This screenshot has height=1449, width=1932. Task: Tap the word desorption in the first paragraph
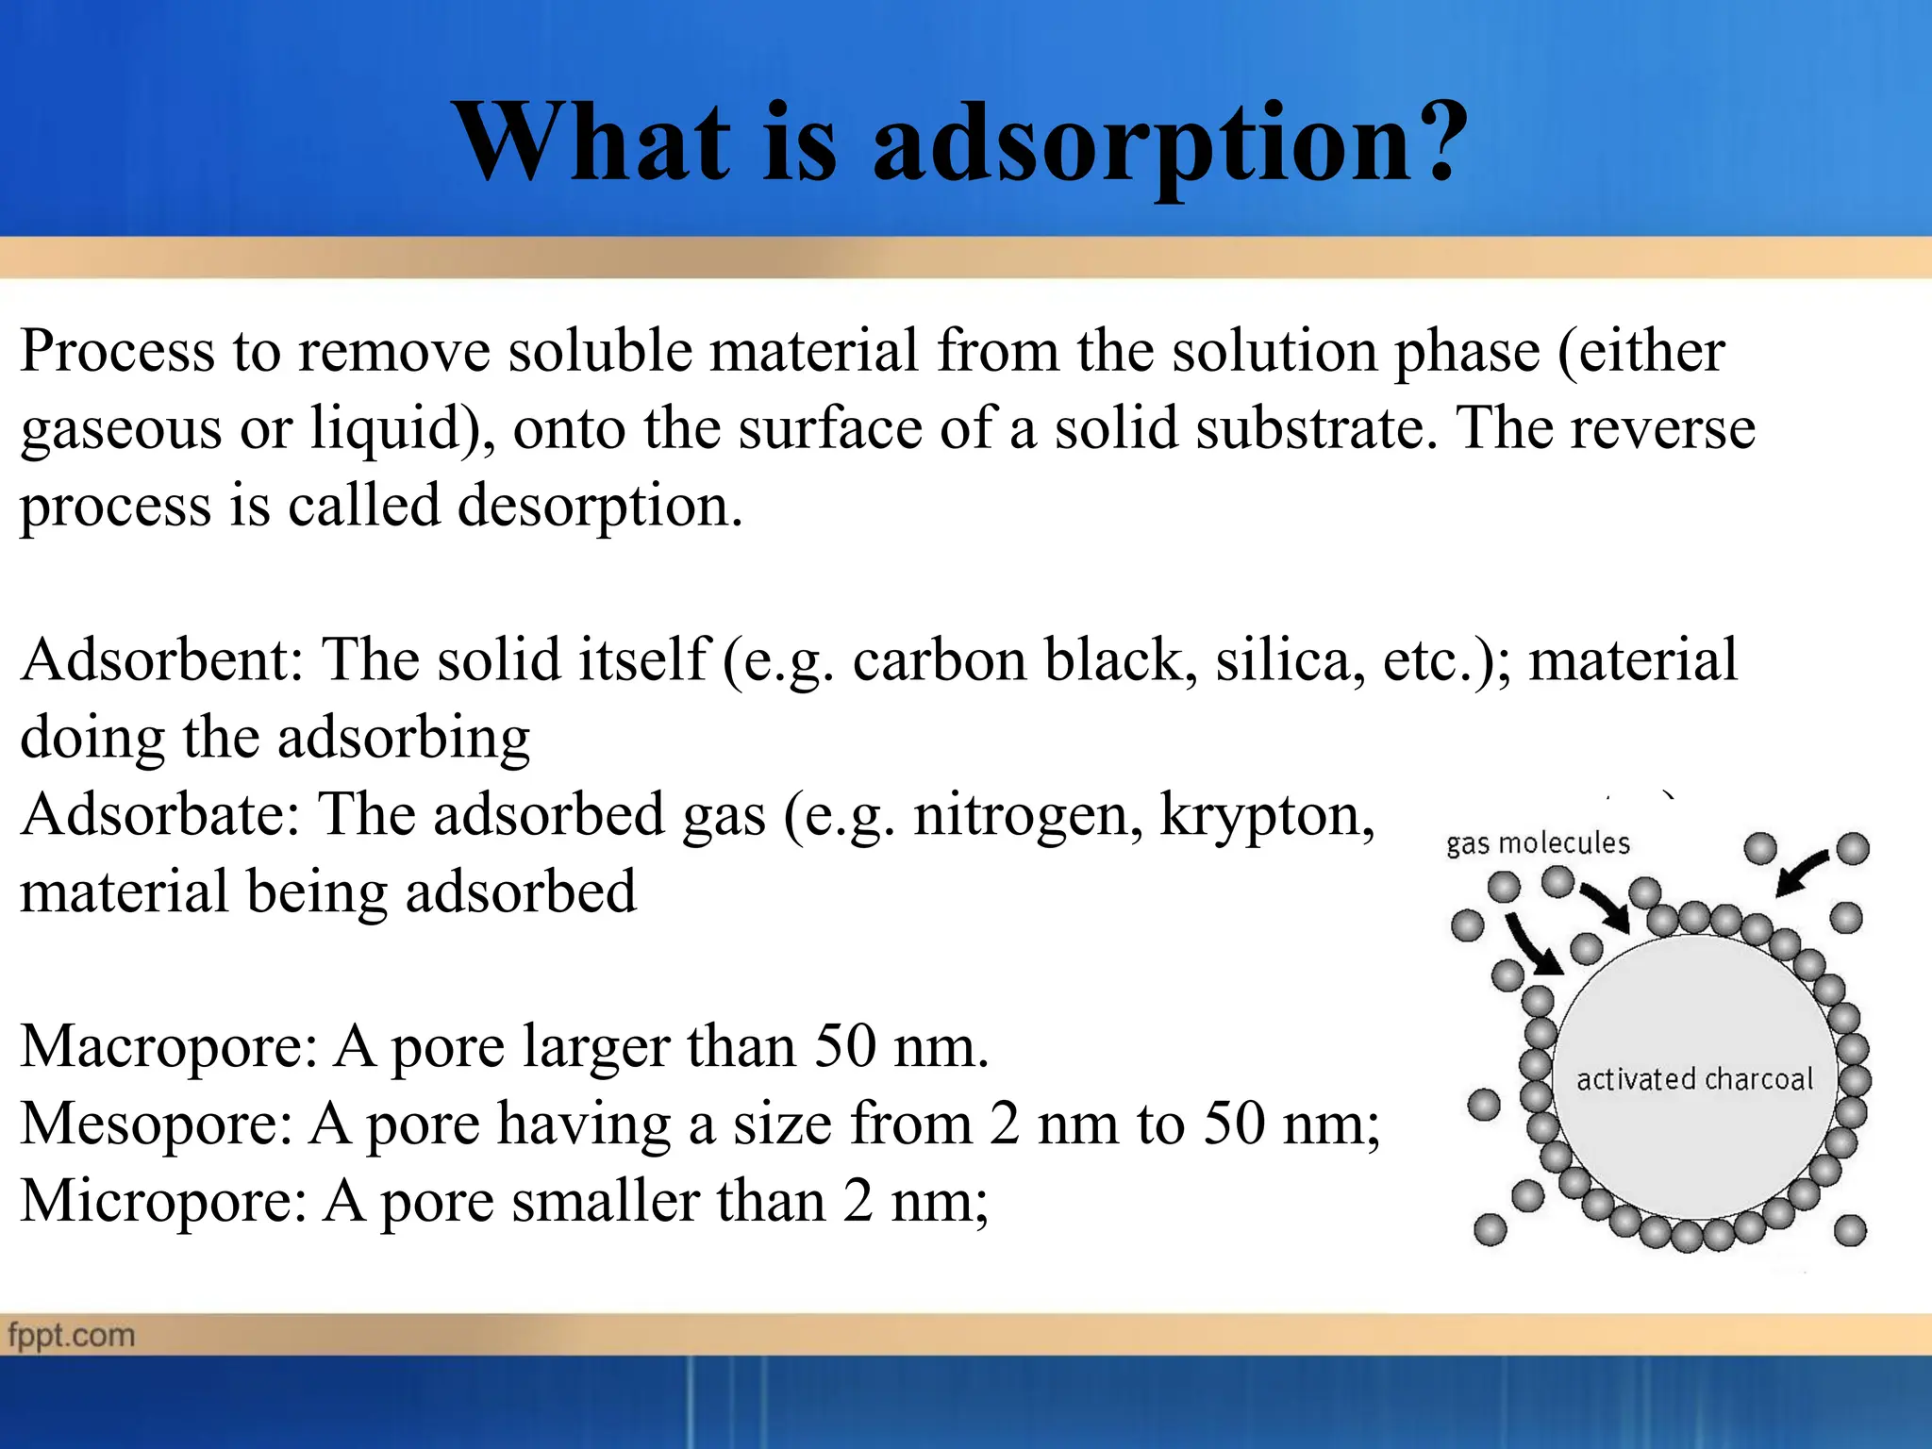point(593,507)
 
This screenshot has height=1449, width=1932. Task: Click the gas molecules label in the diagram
point(1538,842)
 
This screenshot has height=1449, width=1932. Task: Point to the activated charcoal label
point(1694,1078)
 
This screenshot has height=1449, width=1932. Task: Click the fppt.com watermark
point(72,1336)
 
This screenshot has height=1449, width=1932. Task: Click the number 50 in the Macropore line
point(844,1046)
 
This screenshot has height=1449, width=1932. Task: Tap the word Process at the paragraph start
point(118,351)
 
